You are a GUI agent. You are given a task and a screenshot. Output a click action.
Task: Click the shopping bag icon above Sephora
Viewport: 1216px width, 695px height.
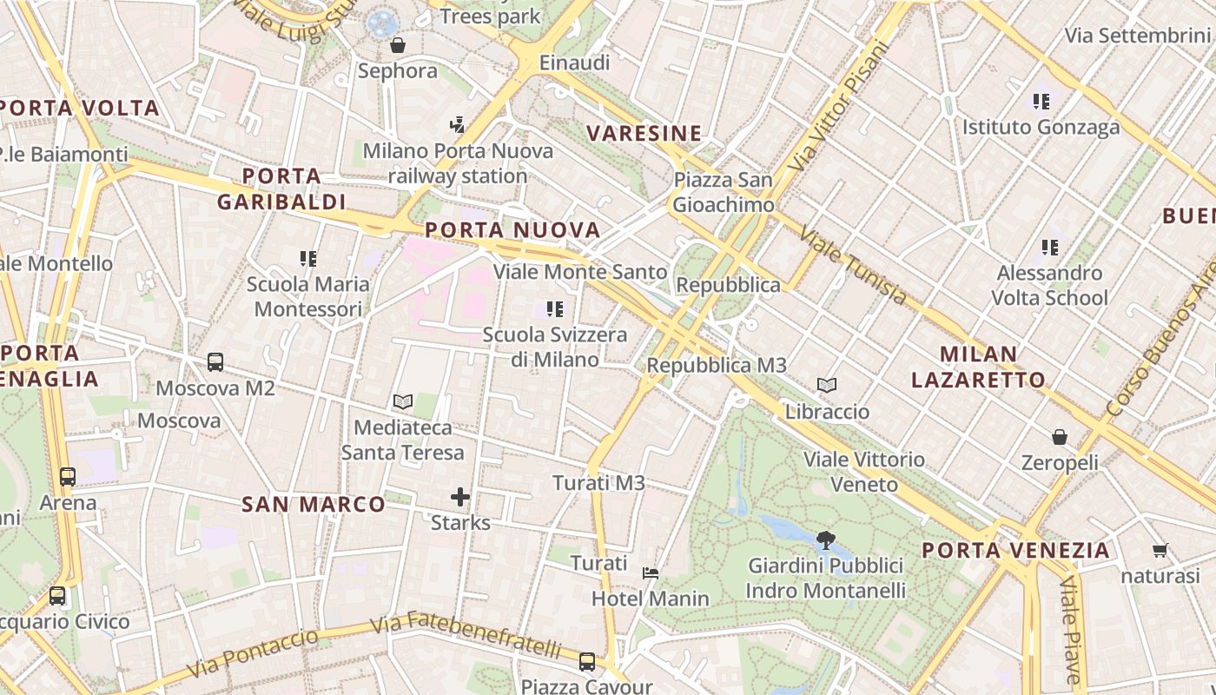(x=398, y=45)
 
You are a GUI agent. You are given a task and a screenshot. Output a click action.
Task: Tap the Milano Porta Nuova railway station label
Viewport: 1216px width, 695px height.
(x=458, y=163)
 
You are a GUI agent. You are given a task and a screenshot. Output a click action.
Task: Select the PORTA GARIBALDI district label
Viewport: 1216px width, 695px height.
(x=281, y=189)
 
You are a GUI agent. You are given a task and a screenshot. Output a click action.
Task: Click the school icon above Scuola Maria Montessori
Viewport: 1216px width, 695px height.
(x=308, y=258)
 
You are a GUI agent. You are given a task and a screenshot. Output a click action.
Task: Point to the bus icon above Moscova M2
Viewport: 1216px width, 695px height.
(x=215, y=362)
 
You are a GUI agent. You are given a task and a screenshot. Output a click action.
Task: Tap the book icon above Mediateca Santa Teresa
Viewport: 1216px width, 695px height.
(x=402, y=401)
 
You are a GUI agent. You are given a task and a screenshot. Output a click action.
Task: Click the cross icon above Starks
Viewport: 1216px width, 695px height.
(x=460, y=497)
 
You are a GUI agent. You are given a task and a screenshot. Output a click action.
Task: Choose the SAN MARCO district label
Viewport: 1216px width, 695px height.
(x=314, y=505)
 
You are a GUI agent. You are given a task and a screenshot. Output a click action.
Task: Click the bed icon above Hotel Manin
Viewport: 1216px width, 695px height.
(x=651, y=573)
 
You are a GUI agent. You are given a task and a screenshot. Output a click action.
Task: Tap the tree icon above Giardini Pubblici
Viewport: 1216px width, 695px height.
(x=825, y=540)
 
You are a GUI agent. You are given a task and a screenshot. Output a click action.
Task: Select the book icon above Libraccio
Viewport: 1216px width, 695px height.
(x=827, y=385)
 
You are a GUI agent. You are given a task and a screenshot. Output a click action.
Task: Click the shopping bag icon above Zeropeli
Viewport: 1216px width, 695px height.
(x=1060, y=436)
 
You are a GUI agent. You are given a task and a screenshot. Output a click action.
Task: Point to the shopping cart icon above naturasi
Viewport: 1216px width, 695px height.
(x=1160, y=550)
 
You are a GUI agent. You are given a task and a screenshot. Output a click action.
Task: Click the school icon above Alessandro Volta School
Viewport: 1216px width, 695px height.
(x=1050, y=248)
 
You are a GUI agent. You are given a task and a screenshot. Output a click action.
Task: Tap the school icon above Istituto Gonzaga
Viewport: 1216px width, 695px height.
(x=1041, y=102)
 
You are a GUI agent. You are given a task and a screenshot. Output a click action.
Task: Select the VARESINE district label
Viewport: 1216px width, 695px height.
(x=644, y=134)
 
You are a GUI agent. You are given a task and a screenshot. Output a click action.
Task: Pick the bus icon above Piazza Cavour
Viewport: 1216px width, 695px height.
(x=587, y=661)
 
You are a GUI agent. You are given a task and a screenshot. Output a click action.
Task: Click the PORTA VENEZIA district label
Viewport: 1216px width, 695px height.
(x=1015, y=551)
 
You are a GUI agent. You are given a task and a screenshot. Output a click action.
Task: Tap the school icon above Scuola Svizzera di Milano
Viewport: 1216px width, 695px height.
(x=555, y=308)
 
